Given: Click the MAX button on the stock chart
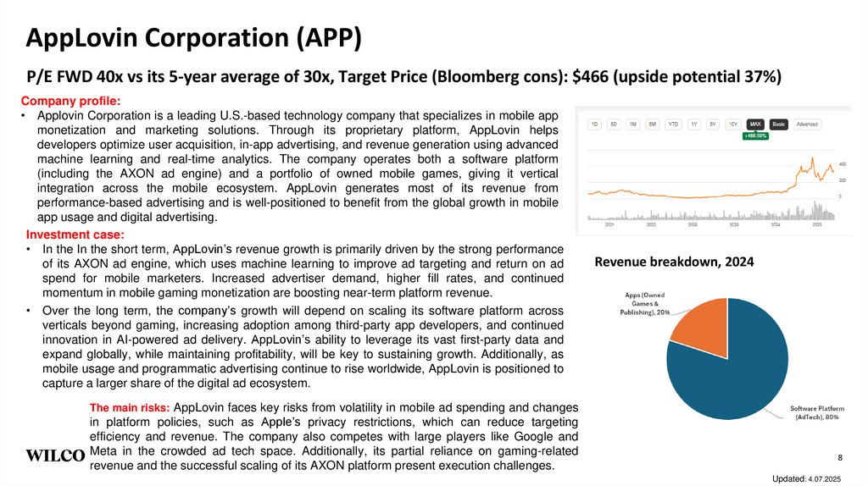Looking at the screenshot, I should pyautogui.click(x=754, y=124).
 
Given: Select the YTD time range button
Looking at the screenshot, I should pyautogui.click(x=673, y=124).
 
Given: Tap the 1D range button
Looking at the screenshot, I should pyautogui.click(x=594, y=124).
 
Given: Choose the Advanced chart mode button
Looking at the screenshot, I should pyautogui.click(x=807, y=124).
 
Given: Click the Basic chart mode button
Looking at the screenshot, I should pyautogui.click(x=778, y=124).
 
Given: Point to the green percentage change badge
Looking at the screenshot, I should pyautogui.click(x=755, y=135).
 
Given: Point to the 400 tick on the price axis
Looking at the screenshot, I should pyautogui.click(x=843, y=163).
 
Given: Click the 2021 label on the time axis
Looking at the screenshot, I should pyautogui.click(x=609, y=225).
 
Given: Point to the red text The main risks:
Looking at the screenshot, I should pyautogui.click(x=134, y=407).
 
